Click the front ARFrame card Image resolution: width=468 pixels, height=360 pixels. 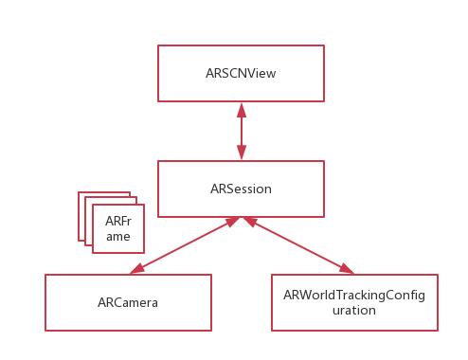tap(118, 228)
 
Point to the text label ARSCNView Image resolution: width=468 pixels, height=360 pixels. tap(241, 73)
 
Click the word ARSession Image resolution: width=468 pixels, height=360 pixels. tap(241, 189)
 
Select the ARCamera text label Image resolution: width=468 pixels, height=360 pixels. tap(128, 303)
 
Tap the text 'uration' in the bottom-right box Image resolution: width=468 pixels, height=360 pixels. tap(354, 310)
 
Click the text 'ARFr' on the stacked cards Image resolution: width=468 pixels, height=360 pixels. tap(118, 221)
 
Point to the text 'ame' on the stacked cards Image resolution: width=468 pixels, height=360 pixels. tap(118, 237)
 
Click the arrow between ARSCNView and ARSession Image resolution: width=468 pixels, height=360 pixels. tap(241, 131)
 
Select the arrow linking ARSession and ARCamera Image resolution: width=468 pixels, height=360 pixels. tap(185, 245)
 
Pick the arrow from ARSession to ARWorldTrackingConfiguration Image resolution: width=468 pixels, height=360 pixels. tap(298, 245)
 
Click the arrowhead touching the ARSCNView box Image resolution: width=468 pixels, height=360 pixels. tap(241, 108)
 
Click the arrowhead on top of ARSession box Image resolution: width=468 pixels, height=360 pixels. tap(241, 153)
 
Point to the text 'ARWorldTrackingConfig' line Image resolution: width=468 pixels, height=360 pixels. tap(354, 296)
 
